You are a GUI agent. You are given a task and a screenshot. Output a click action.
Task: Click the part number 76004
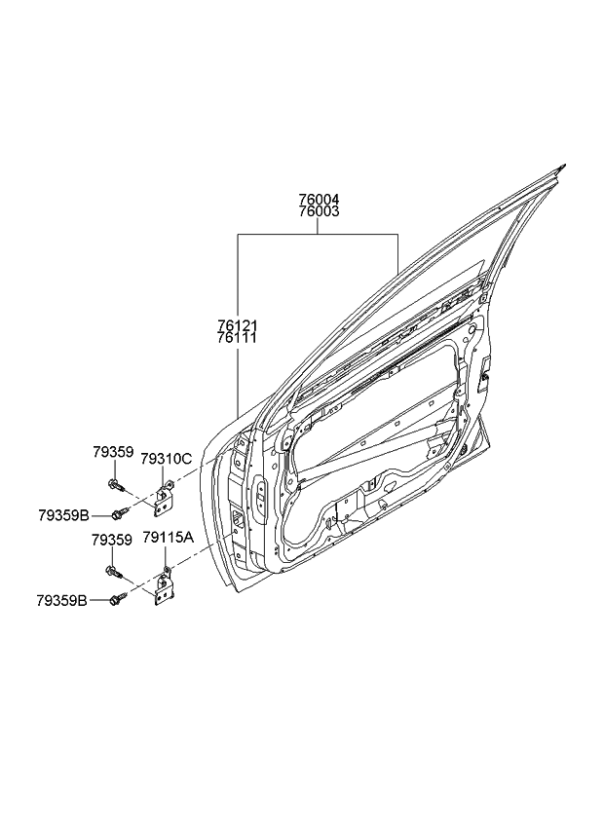320,199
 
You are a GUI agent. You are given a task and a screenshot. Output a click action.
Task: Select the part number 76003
320,210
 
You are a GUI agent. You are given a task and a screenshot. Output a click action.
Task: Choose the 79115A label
168,538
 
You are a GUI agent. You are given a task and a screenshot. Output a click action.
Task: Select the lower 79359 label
112,538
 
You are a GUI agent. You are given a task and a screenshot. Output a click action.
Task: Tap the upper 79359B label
65,514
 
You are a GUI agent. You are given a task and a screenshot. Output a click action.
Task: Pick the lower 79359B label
65,601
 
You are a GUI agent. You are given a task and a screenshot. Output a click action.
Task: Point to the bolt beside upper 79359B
121,513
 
